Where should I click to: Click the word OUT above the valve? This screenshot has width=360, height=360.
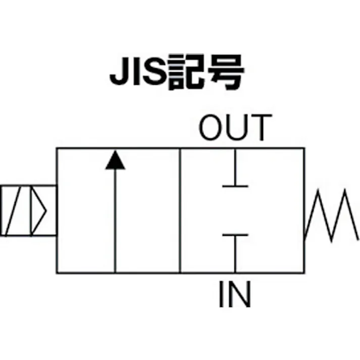coord(235,128)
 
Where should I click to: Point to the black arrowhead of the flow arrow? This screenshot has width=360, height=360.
coord(115,160)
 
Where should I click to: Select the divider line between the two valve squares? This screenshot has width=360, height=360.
coord(180,211)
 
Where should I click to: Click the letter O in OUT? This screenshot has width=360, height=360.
coord(212,128)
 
